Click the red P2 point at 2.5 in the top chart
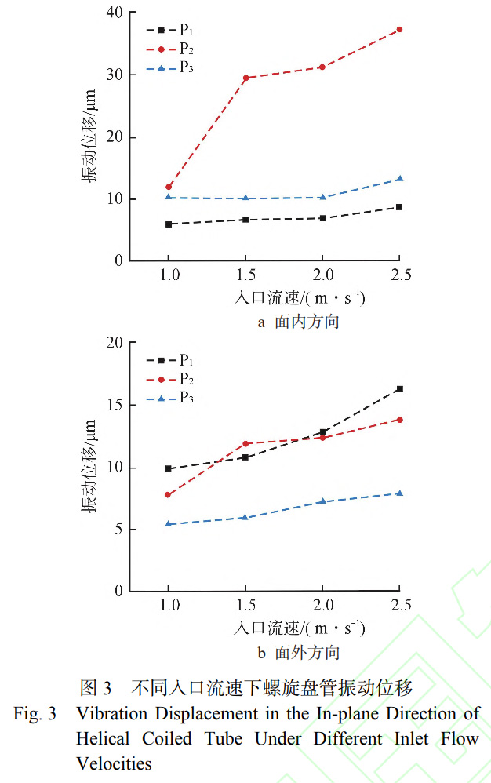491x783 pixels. click(x=399, y=29)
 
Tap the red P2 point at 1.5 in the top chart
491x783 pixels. click(x=245, y=78)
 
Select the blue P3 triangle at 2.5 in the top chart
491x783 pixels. click(x=399, y=179)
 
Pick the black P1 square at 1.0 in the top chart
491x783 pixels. click(x=168, y=224)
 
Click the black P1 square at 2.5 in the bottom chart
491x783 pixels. click(x=399, y=388)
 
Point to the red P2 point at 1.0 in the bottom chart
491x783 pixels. click(x=168, y=495)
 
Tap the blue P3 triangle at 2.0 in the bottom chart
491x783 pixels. click(x=322, y=501)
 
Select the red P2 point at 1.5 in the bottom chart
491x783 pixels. click(x=245, y=443)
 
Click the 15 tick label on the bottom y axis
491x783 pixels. click(x=116, y=405)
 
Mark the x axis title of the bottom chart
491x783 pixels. click(x=300, y=628)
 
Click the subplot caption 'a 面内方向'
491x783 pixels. click(x=299, y=322)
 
